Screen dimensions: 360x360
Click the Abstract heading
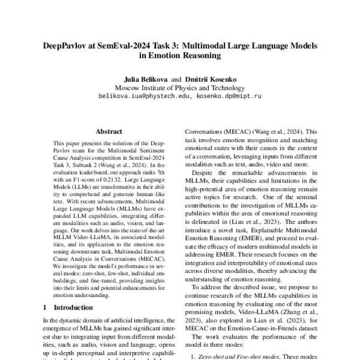[109, 131]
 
